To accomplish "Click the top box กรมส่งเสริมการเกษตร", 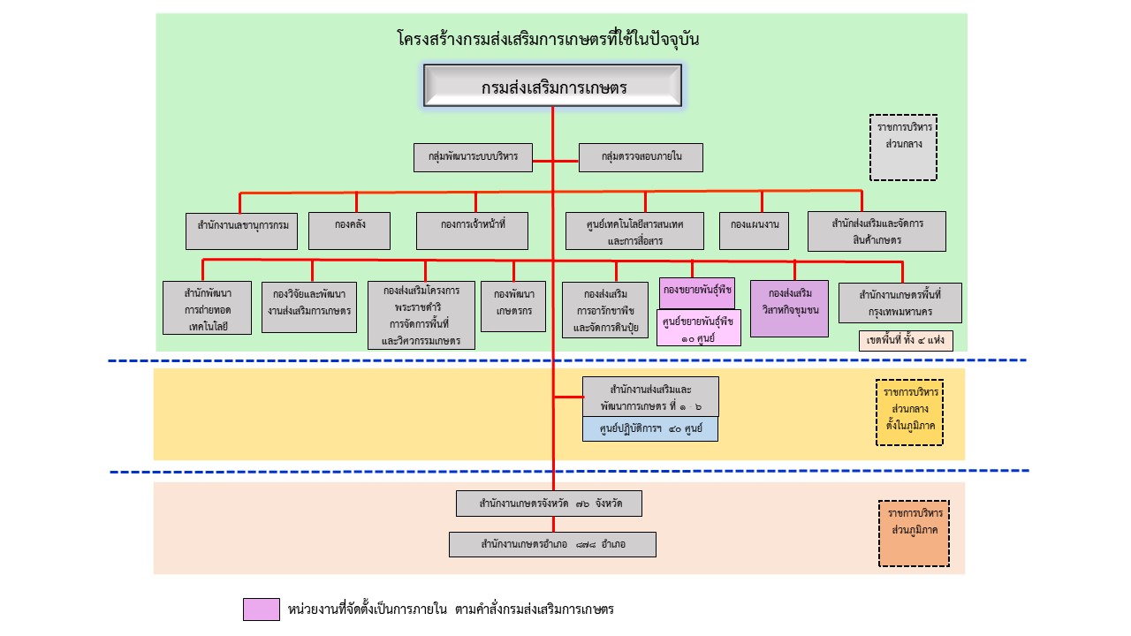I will [x=553, y=87].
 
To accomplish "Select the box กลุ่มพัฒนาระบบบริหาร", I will [x=472, y=157].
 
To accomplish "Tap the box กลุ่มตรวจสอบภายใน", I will [x=641, y=157].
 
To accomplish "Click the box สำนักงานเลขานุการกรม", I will [x=242, y=231].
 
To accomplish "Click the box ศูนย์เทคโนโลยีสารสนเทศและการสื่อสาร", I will [x=636, y=231].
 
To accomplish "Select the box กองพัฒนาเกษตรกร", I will [x=513, y=307].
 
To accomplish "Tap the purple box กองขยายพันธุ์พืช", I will [x=698, y=291].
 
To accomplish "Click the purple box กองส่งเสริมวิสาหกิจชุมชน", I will [x=790, y=308].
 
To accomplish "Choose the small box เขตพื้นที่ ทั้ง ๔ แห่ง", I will [x=906, y=341].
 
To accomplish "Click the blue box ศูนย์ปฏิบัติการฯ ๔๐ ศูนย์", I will [x=650, y=429].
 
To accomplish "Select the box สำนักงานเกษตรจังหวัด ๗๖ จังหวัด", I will [x=549, y=503].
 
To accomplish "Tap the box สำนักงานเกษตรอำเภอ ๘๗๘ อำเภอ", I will [x=552, y=544].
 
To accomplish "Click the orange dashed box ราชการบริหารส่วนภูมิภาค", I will [x=914, y=534].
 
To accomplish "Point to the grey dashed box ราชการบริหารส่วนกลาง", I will [x=903, y=148].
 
